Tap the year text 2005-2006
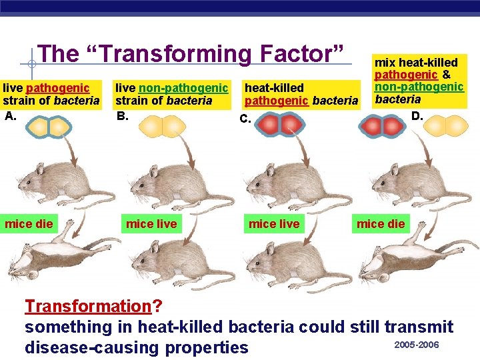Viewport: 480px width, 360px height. [417, 344]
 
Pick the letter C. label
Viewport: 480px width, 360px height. [245, 120]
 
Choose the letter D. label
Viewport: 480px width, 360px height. [417, 115]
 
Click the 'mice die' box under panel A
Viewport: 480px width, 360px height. [29, 223]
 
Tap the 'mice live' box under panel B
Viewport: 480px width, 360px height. [151, 223]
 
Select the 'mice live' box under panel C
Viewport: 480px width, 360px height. [274, 223]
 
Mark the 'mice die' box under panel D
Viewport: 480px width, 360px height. [381, 223]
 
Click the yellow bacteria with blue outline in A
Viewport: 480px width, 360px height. [49, 127]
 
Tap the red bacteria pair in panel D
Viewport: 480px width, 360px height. [381, 126]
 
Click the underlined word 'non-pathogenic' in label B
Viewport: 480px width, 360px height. [183, 87]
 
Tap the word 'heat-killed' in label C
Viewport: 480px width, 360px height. [274, 87]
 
